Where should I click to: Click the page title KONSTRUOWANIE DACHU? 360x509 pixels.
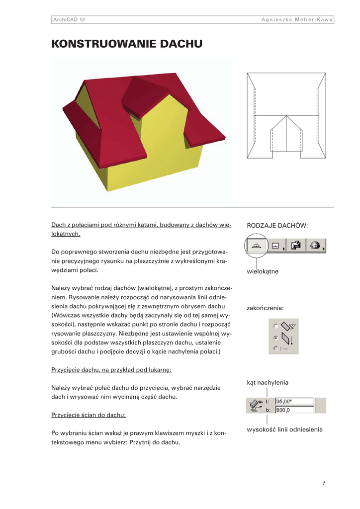pos(127,44)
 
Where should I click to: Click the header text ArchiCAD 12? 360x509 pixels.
pos(69,19)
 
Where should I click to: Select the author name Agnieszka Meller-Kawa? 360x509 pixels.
pos(297,19)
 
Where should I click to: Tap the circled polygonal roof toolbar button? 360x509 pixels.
pos(257,246)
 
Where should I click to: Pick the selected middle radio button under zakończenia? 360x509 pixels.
pos(275,337)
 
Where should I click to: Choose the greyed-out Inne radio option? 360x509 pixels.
pos(275,349)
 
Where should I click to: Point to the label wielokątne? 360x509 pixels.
pos(263,271)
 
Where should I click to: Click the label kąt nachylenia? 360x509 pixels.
pos(268,382)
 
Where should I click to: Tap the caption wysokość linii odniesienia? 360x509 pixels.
pos(284,429)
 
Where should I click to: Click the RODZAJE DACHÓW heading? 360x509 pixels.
pos(277,226)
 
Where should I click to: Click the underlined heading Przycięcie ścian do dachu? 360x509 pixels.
pos(89,415)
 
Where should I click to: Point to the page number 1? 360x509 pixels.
pos(323,483)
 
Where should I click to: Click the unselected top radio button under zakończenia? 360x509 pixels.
pos(275,326)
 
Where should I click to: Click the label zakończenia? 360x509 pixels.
pos(265,308)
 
